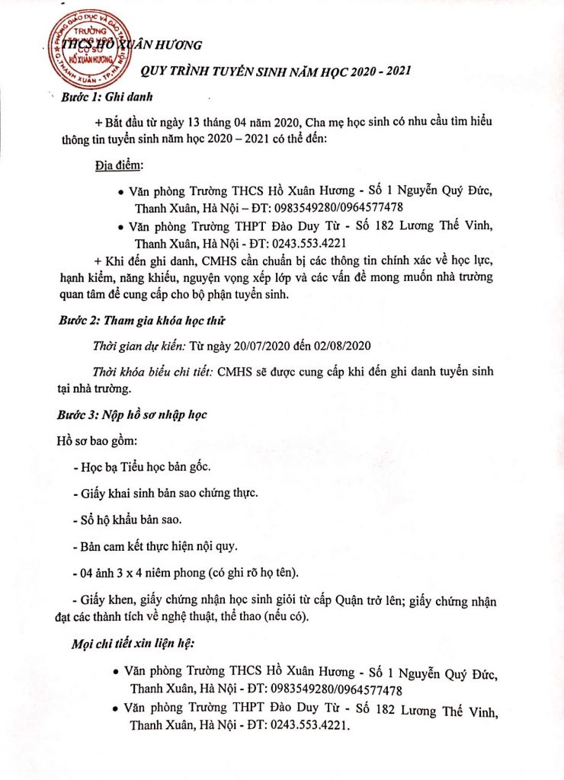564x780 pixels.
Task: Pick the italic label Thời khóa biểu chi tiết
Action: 152,372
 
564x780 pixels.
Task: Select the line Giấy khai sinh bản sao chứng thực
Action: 164,494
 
